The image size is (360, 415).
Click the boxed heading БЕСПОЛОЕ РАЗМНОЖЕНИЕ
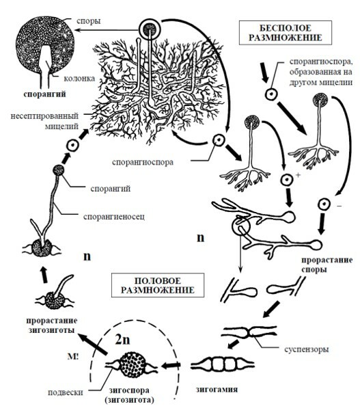285,33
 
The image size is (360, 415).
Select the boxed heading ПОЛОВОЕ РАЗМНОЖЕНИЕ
158,285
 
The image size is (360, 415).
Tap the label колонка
79,79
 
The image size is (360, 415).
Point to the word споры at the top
89,21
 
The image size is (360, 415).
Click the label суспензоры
307,349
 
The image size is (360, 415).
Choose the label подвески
65,392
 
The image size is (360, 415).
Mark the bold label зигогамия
217,390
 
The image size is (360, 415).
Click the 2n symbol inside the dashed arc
123,340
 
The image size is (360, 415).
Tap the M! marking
72,356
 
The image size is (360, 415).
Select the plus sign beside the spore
299,175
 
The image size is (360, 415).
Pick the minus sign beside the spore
340,205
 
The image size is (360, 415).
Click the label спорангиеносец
114,217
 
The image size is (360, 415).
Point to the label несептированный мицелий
44,121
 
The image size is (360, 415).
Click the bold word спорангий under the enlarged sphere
44,94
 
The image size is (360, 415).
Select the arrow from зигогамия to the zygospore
171,366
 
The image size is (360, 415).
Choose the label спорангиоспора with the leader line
143,162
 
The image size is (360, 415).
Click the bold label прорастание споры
327,265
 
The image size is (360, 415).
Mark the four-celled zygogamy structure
222,364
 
